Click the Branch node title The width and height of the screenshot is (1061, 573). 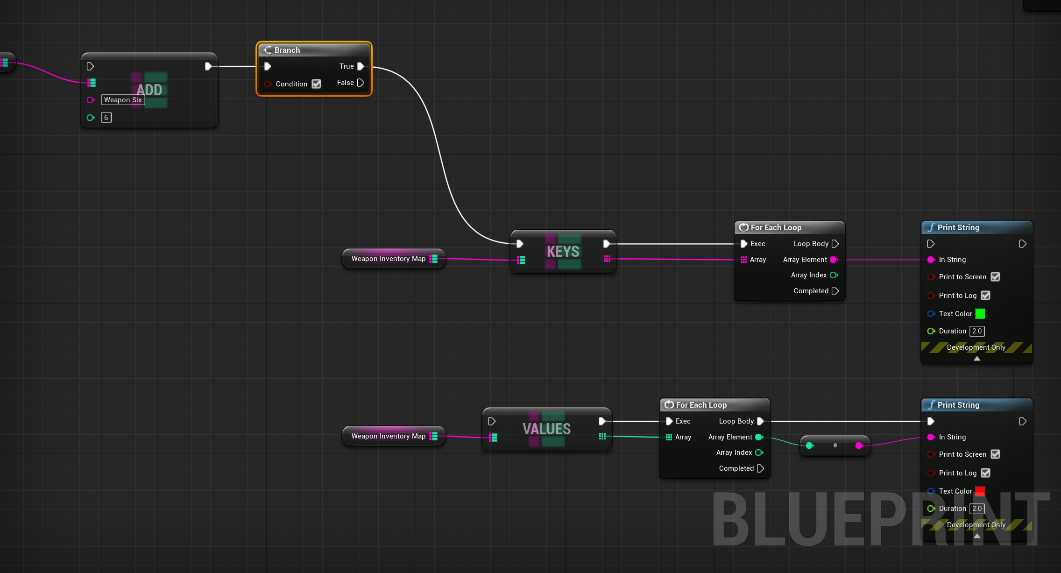tap(287, 50)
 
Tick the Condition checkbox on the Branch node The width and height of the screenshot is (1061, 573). tap(317, 84)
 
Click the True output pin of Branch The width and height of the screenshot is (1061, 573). tap(361, 66)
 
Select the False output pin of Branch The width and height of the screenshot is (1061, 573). tap(361, 83)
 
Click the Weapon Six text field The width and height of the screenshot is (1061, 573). tap(123, 100)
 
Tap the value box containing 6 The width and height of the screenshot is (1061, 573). tap(106, 118)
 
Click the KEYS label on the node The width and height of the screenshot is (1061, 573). tap(563, 252)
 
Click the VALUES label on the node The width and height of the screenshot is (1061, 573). tap(547, 429)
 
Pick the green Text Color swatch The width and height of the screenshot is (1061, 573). tap(980, 314)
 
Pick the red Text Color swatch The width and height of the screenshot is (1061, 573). tap(980, 491)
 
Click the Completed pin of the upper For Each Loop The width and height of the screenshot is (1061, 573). tap(835, 291)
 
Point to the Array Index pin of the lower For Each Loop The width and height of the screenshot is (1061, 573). tap(759, 453)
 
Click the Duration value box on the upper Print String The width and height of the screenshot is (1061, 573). tap(977, 331)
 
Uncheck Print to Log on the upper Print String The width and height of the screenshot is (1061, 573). tap(985, 296)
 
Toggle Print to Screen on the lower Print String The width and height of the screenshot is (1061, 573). tap(995, 454)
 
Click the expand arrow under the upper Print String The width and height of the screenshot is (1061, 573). tap(977, 359)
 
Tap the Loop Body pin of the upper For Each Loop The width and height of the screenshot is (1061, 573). tap(835, 244)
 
